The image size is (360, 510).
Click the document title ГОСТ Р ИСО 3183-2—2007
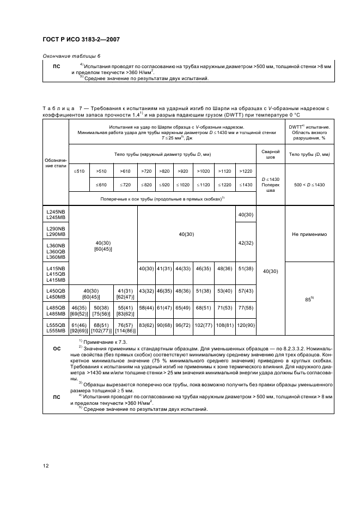point(82,40)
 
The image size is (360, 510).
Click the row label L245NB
point(56,212)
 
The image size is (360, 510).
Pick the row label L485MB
point(56,311)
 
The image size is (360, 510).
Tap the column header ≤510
point(79,171)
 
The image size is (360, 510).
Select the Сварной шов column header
point(271,154)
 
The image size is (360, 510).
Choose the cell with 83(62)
point(146,325)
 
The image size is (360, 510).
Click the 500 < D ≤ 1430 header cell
point(309,184)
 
